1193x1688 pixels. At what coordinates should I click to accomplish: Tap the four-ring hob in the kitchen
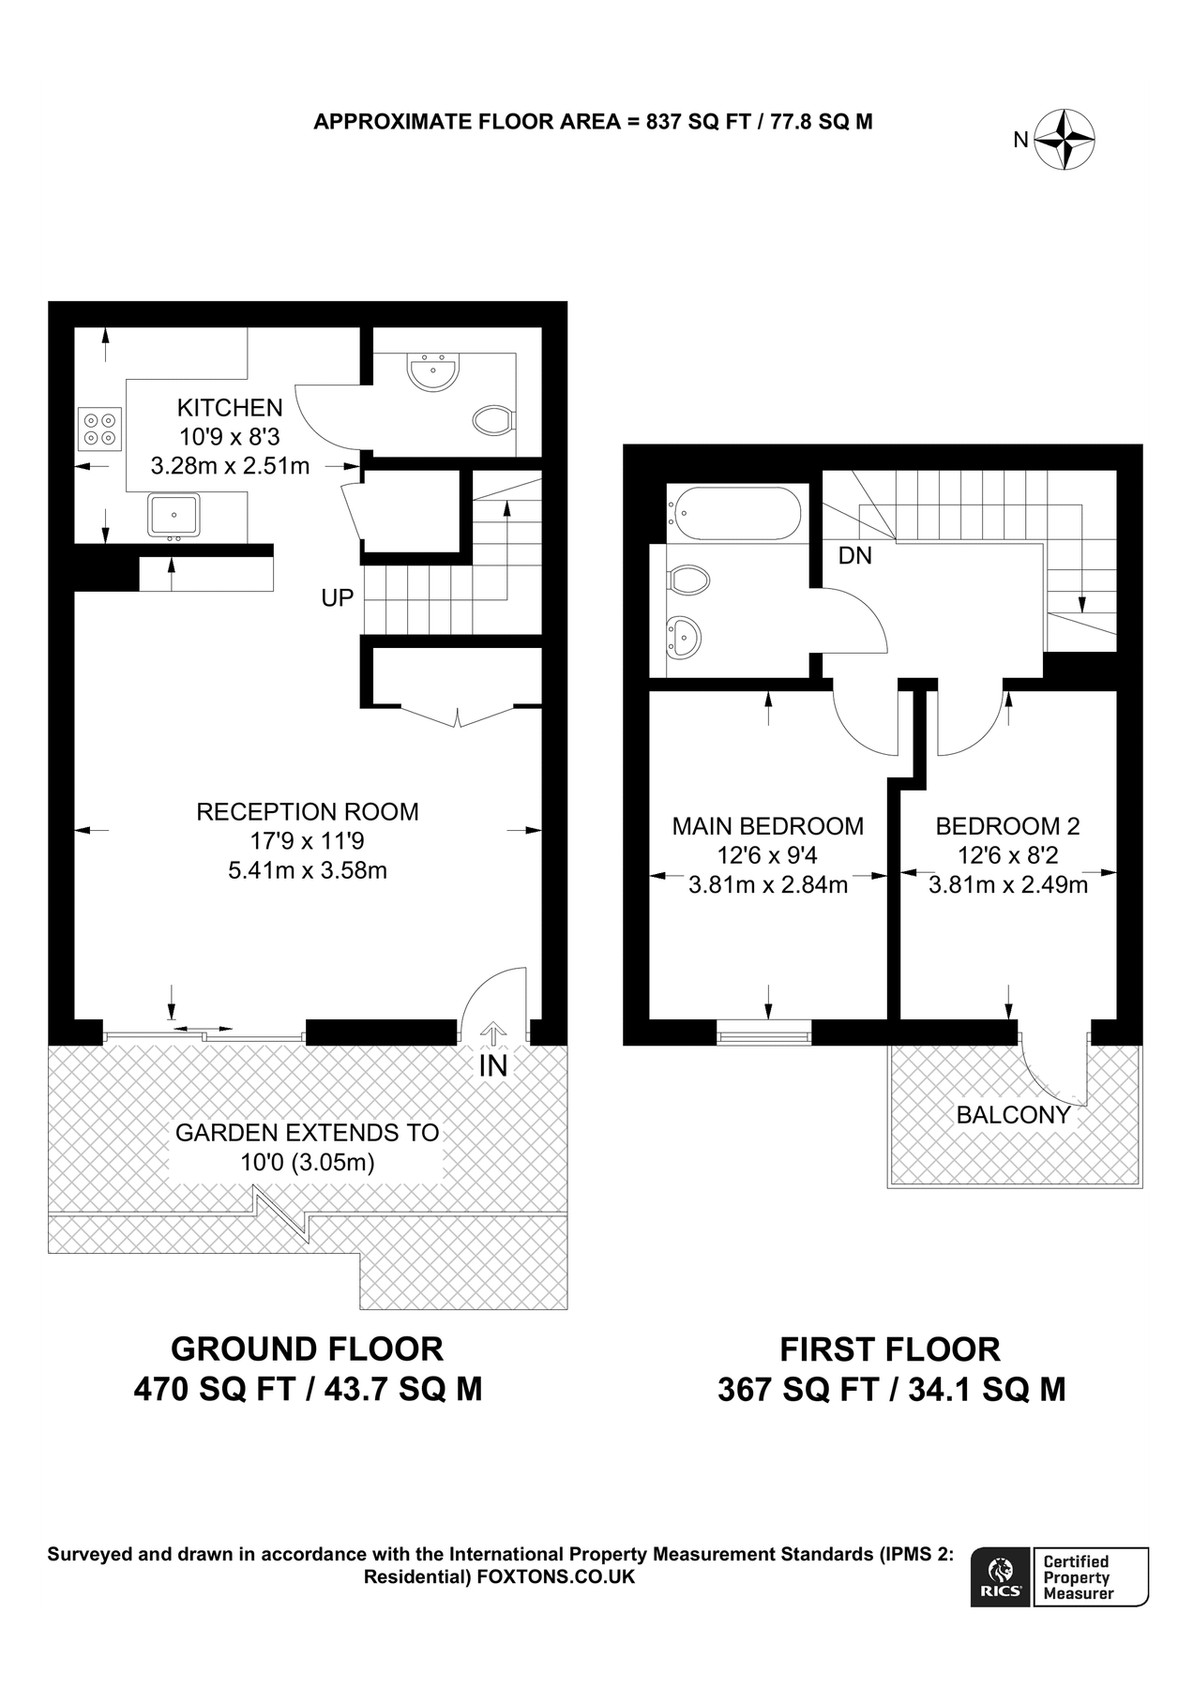click(x=99, y=429)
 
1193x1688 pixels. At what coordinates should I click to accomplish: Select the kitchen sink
click(x=174, y=515)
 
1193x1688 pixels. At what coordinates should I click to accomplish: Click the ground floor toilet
click(x=492, y=420)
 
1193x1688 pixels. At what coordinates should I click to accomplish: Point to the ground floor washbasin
click(x=433, y=372)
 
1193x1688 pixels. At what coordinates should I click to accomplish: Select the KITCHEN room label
click(x=230, y=408)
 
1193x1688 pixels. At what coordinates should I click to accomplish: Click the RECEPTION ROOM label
click(x=307, y=812)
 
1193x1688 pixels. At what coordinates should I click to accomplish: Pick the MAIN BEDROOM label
click(x=767, y=826)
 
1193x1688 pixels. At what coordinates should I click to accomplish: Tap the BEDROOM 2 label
click(x=1007, y=826)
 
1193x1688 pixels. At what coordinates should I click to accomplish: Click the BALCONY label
click(x=1013, y=1115)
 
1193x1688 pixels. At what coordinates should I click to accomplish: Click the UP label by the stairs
click(x=338, y=598)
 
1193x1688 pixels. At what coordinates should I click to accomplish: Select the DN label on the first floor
click(x=854, y=556)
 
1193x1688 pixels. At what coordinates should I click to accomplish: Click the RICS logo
click(x=1001, y=1576)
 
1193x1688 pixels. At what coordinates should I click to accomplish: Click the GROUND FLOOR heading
click(x=307, y=1349)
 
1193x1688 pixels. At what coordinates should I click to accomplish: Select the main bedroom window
click(x=763, y=1036)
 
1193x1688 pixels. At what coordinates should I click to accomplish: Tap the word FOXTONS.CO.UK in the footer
click(x=556, y=1577)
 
